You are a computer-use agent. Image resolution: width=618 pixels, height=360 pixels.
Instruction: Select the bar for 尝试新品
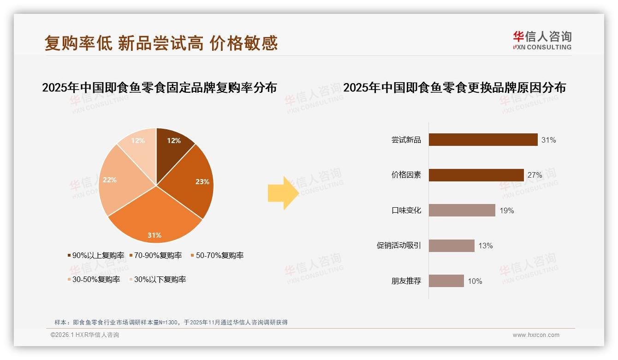tap(483, 139)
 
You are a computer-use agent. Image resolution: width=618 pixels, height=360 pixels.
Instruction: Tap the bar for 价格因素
tap(476, 175)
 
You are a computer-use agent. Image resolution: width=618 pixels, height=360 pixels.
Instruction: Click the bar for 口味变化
tap(462, 210)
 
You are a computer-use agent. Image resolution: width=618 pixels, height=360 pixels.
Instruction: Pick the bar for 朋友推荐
tap(446, 281)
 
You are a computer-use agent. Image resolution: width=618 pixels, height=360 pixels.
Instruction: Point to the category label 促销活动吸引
tap(398, 246)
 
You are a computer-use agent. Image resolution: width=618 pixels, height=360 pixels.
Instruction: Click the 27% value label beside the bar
tap(535, 175)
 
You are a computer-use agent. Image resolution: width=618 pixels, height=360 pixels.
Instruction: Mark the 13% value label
tap(485, 246)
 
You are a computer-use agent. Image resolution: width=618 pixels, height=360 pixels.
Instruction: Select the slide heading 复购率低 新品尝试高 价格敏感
tap(161, 43)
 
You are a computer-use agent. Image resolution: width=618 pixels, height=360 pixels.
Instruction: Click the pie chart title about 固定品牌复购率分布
tap(159, 87)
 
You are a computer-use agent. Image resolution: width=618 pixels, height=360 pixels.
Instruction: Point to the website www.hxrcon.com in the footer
tap(535, 335)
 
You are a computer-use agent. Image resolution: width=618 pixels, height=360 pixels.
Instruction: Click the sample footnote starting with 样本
tap(171, 322)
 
